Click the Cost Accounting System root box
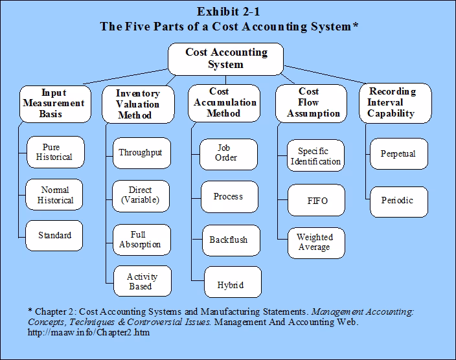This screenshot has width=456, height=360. coord(226,58)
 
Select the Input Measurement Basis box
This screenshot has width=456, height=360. coord(53,103)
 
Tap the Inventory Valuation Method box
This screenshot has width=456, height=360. coord(137,104)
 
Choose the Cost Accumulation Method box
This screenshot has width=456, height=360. coord(224,102)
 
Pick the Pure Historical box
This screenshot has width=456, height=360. coord(55,152)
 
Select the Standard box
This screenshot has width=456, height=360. coord(55,236)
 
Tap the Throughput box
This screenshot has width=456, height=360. coord(140,153)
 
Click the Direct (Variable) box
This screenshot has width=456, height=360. coord(140,195)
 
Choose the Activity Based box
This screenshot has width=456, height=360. coord(140,282)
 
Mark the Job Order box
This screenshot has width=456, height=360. coord(226,153)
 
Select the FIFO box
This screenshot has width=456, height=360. coord(317,201)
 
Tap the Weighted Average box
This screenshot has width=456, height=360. coord(314,243)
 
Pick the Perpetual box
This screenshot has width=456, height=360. coord(399,154)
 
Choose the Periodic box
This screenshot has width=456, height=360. coord(399,200)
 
